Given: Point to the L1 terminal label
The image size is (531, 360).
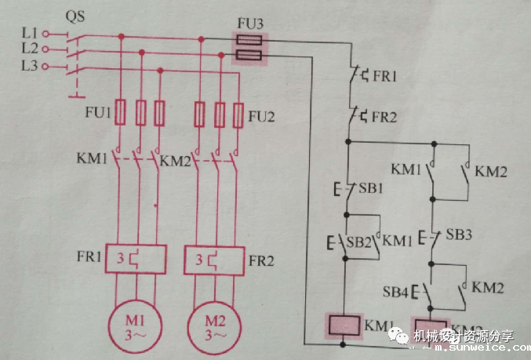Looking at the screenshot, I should click(x=30, y=34).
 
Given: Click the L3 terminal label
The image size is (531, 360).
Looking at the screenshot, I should click(x=30, y=66).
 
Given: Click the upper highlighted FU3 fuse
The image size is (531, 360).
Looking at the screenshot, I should click(x=249, y=38).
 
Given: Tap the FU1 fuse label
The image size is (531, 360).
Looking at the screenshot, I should click(x=98, y=112).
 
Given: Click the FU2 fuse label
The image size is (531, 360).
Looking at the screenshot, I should click(x=263, y=117).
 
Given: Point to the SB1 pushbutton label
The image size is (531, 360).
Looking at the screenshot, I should click(x=371, y=189).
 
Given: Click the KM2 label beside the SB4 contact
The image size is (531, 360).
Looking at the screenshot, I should click(x=489, y=288).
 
